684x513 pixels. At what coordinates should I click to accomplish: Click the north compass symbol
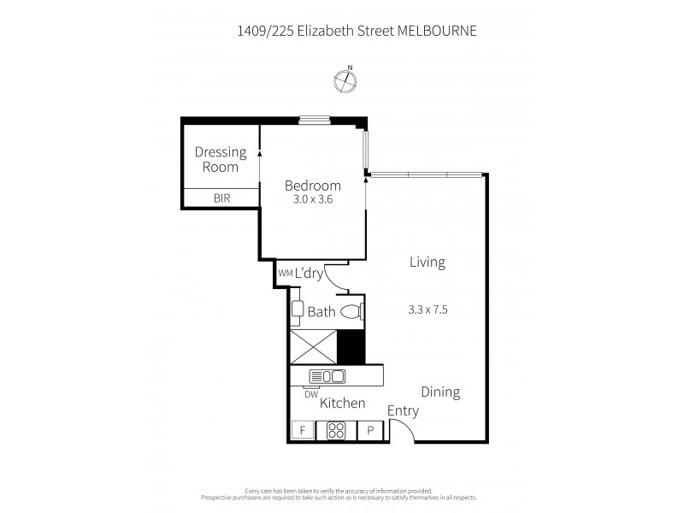pos(345,80)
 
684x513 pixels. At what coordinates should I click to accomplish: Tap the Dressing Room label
pos(220,159)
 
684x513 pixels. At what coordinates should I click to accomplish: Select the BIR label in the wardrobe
pos(220,198)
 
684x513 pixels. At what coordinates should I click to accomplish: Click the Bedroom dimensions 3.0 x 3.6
pos(312,200)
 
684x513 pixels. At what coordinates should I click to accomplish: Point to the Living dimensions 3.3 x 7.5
pos(428,310)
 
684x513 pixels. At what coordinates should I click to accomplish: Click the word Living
pos(427,262)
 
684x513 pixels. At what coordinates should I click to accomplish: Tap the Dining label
pos(440,392)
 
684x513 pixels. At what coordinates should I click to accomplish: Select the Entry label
pos(403,410)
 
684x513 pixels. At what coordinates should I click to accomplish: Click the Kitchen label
pos(343,403)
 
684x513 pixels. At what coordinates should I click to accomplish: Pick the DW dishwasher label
pos(311,394)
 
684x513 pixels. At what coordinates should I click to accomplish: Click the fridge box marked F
pos(302,431)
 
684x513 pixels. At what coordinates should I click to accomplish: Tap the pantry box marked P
pos(371,431)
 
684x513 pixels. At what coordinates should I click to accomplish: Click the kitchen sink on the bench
pos(327,375)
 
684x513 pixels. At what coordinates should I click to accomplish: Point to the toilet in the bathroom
pos(351,311)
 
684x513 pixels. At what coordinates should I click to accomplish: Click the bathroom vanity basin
pos(297,312)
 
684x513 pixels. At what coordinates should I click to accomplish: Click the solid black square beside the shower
pos(351,345)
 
